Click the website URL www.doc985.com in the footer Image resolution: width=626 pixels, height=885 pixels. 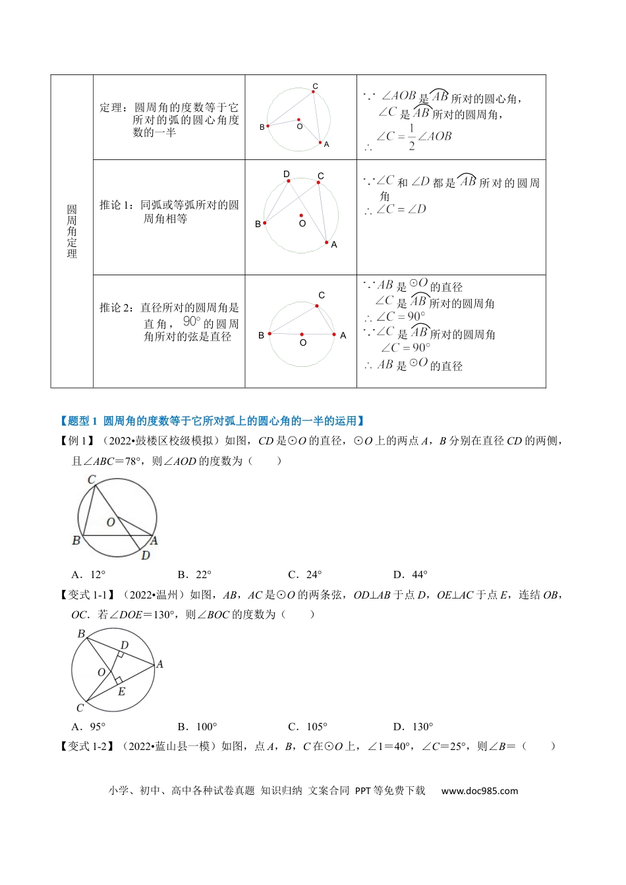click(479, 791)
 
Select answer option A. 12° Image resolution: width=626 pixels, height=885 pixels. click(88, 575)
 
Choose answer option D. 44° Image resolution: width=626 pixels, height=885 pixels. click(410, 575)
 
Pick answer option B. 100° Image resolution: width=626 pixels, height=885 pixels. click(197, 727)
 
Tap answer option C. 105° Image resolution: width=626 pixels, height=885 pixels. click(307, 727)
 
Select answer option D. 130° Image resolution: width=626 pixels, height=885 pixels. click(413, 727)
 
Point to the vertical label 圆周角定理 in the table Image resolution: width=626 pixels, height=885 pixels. click(72, 231)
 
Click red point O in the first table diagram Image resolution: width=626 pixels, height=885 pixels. click(299, 119)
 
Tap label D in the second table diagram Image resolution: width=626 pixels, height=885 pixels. click(287, 174)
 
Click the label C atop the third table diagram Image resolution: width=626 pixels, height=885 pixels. click(322, 296)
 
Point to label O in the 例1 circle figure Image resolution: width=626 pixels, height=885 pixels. click(111, 522)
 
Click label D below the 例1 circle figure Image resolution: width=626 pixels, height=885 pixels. click(146, 556)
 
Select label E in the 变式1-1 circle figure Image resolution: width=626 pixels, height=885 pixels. click(121, 692)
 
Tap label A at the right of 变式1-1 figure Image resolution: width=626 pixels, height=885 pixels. click(159, 664)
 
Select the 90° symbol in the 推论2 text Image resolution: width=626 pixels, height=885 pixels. click(192, 322)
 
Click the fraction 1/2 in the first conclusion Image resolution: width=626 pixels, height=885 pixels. click(412, 137)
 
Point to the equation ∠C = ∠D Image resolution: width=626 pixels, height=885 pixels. click(401, 209)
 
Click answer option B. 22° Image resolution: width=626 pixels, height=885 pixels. click(194, 575)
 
